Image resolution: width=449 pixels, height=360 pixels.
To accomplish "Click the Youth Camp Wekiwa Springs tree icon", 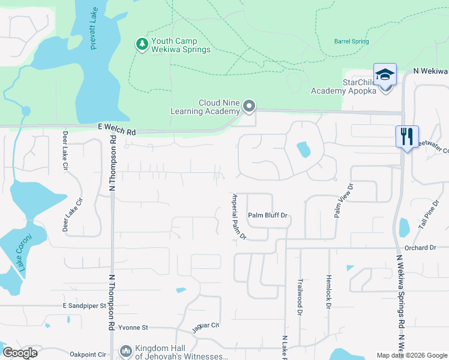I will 142,45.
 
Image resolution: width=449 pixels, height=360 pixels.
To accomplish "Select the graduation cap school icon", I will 385,74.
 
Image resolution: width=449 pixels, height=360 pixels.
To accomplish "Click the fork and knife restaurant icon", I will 407,136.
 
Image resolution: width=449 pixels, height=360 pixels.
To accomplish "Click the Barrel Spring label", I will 351,41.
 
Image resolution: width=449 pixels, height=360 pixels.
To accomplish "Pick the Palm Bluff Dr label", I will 268,215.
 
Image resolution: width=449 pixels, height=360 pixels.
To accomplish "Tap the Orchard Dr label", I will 420,248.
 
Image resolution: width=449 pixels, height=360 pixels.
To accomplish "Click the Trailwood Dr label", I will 299,296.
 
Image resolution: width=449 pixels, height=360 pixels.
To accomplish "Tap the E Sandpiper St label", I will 85,305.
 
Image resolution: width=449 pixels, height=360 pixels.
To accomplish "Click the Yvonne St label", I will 132,328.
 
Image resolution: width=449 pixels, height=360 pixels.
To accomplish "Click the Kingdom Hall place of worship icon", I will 125,350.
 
